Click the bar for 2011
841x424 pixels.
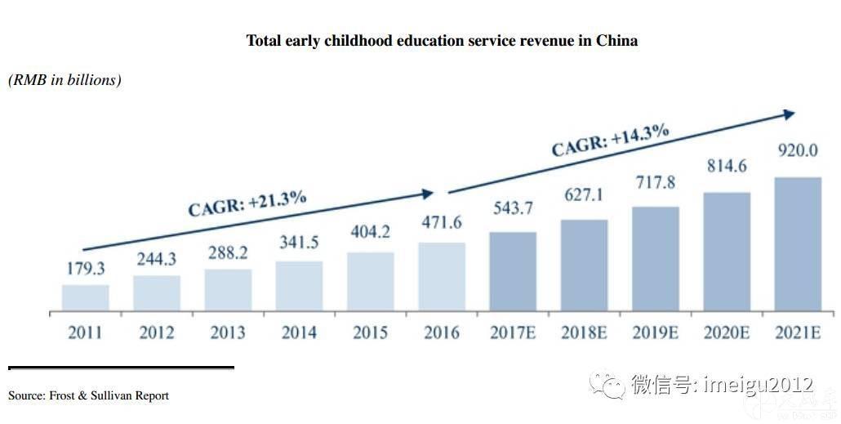[86, 297]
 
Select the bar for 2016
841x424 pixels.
[441, 276]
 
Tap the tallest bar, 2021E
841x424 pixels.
[798, 243]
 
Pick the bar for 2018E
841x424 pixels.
[584, 265]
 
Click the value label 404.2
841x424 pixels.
[370, 231]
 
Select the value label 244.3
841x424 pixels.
[157, 256]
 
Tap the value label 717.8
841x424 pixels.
[655, 182]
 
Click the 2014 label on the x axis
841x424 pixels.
[299, 333]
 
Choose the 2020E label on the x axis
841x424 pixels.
[726, 333]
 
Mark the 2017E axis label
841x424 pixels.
[512, 333]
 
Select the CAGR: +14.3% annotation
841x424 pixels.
[610, 140]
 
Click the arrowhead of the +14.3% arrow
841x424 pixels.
[789, 114]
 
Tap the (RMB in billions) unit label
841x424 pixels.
[65, 80]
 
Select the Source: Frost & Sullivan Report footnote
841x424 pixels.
[88, 395]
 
